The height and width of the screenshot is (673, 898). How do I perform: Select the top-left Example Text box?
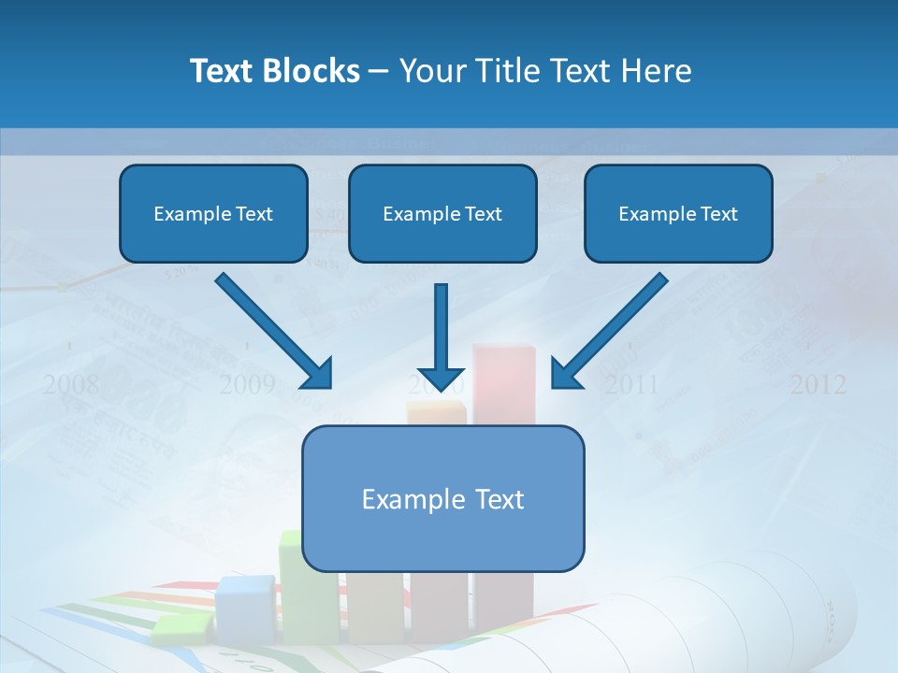click(x=213, y=214)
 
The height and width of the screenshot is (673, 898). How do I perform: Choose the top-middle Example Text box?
click(x=442, y=214)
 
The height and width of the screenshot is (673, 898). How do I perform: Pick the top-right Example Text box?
click(x=678, y=214)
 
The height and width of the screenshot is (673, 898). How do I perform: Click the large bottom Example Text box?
click(x=442, y=499)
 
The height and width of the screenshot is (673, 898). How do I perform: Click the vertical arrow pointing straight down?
click(x=442, y=336)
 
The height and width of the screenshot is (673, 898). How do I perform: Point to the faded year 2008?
click(x=70, y=384)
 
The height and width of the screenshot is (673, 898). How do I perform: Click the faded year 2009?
click(x=247, y=384)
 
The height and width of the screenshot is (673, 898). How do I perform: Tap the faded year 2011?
click(x=630, y=384)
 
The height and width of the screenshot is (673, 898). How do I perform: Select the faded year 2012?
click(x=818, y=384)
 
